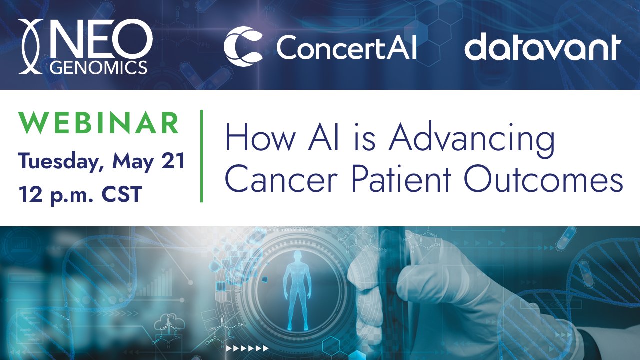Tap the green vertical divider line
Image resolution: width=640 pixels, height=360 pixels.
[x=201, y=156]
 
